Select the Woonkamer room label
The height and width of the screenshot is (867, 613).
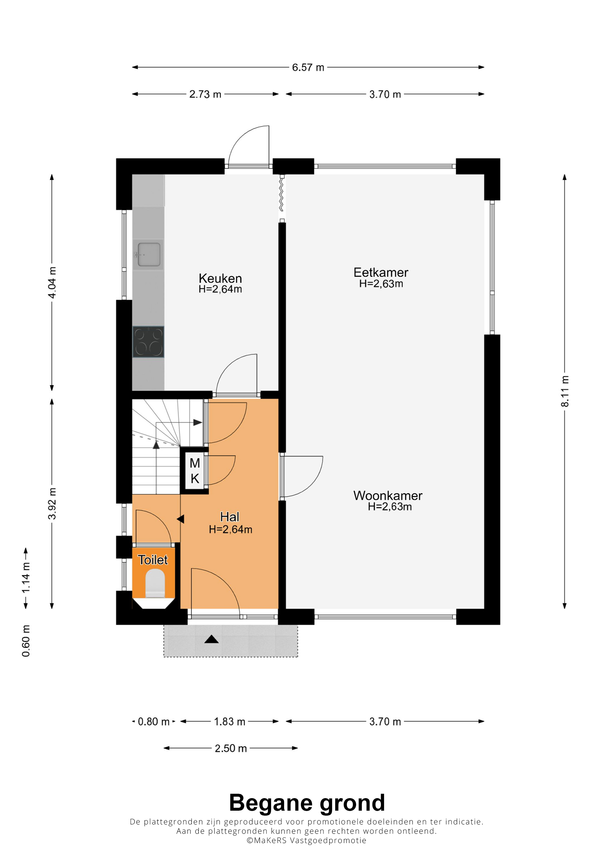coord(388,496)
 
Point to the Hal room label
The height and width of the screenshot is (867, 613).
coord(230,517)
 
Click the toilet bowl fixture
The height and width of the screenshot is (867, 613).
coord(155,583)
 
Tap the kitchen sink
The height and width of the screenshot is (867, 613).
coord(149,254)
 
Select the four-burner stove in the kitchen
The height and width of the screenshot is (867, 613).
coord(149,342)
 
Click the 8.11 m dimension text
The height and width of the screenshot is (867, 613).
coord(565,391)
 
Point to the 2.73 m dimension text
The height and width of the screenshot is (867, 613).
coord(205,94)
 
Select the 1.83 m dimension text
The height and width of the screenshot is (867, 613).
coord(230,722)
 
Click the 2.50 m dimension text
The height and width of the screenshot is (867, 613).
coord(231,749)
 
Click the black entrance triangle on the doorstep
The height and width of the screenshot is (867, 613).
coord(212,639)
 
